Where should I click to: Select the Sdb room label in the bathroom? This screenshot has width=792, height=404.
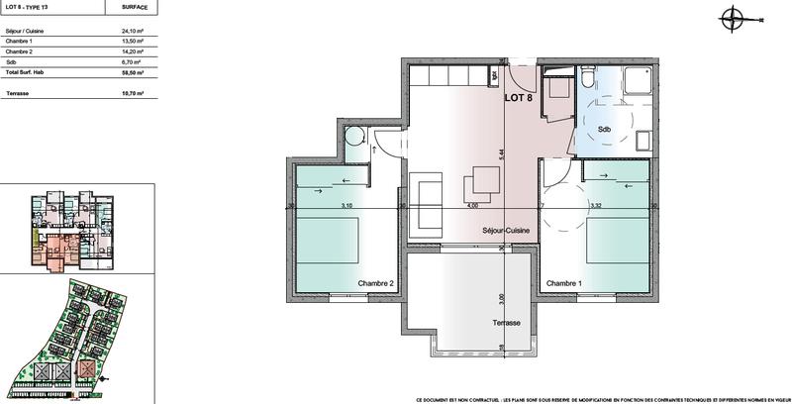[604, 129]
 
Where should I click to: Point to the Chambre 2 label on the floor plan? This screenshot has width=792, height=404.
[376, 284]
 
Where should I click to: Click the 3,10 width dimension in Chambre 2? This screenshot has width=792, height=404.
[346, 206]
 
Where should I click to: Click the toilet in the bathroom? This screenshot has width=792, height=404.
[588, 78]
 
